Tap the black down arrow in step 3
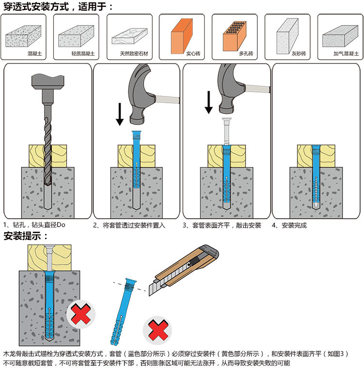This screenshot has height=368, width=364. point(209,102)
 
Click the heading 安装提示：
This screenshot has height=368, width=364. point(26,237)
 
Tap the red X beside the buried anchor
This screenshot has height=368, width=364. point(81,315)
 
